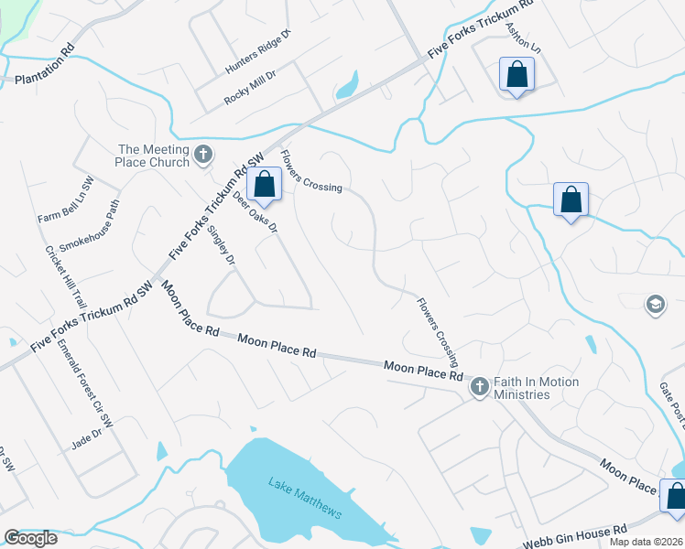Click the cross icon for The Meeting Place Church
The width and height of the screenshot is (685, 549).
point(203,155)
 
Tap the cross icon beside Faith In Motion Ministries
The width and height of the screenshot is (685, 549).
point(479,388)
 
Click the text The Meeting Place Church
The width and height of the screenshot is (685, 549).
point(154,156)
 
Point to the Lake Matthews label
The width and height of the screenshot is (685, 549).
point(305,497)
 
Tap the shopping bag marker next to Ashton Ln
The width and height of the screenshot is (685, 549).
point(516,76)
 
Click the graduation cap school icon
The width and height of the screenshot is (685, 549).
point(655,304)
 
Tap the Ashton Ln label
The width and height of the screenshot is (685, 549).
point(525,38)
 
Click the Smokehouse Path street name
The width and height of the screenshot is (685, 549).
point(90,226)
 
